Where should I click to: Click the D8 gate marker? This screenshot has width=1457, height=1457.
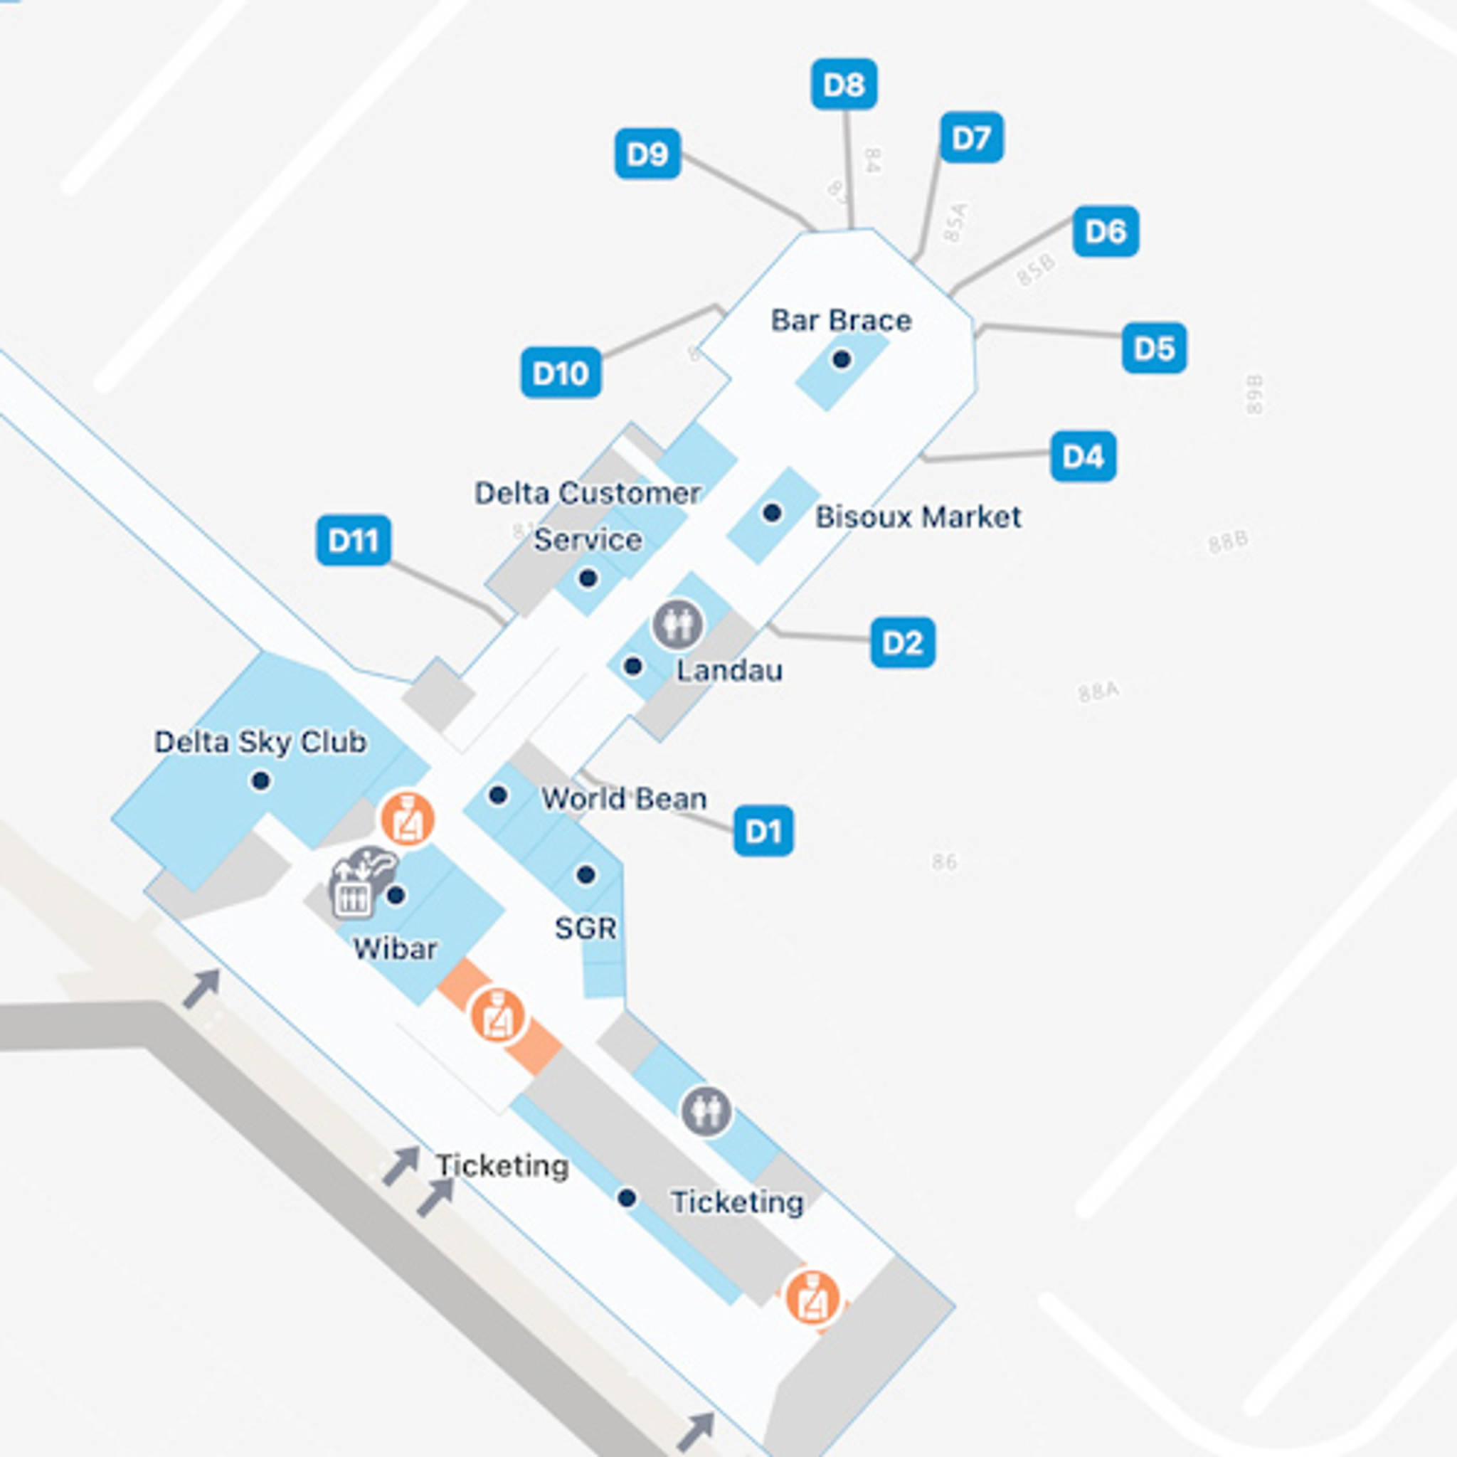click(x=844, y=84)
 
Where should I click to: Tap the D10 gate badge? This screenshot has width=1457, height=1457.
click(x=561, y=373)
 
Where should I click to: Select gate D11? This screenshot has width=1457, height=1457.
click(x=353, y=540)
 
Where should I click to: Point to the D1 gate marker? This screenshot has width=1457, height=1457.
click(x=763, y=831)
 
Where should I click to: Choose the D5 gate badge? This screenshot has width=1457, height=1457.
click(x=1154, y=348)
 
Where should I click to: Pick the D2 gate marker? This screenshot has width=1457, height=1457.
click(x=902, y=642)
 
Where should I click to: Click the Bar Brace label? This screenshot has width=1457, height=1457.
click(x=841, y=321)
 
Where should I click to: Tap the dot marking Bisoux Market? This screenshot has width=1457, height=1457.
click(x=771, y=513)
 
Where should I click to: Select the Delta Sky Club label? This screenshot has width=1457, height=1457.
click(x=260, y=742)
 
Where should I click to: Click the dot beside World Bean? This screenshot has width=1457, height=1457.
click(x=498, y=795)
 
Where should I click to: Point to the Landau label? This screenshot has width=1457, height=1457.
click(x=728, y=670)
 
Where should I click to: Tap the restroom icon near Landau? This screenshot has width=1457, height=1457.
click(x=677, y=624)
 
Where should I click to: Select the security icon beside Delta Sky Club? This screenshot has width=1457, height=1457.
click(x=407, y=819)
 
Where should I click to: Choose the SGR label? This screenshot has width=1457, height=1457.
click(x=586, y=928)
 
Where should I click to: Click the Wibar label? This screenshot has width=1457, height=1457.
click(x=394, y=949)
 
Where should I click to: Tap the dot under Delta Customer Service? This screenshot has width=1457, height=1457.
click(x=588, y=578)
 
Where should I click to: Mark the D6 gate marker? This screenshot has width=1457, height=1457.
click(x=1106, y=231)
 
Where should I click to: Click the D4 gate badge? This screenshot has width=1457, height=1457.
click(x=1083, y=456)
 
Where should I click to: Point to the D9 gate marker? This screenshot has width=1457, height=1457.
click(x=647, y=154)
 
